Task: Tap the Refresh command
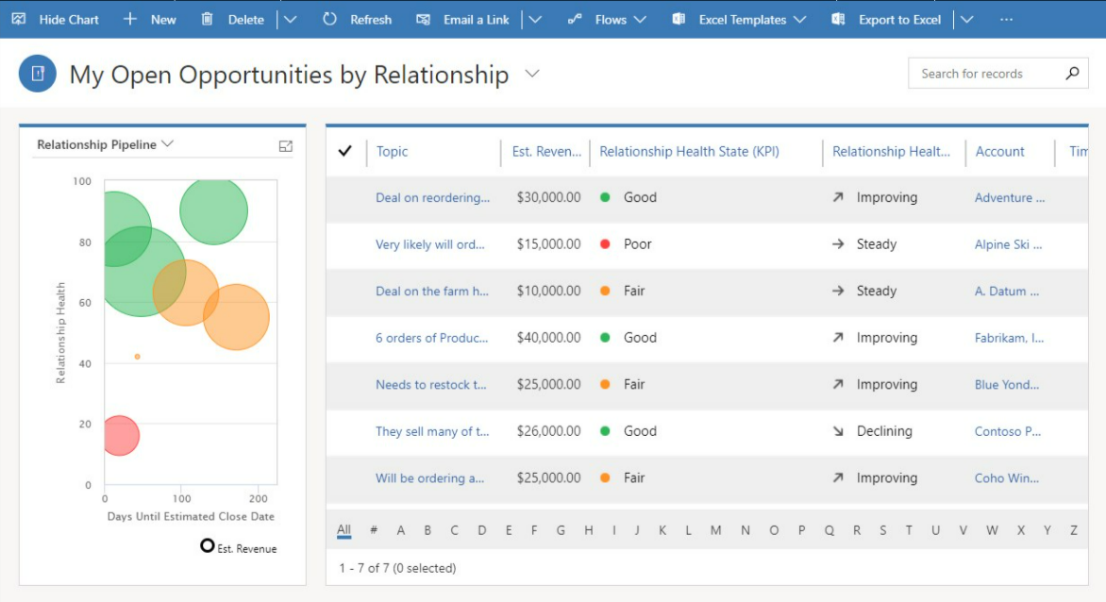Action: (358, 19)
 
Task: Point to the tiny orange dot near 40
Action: (137, 357)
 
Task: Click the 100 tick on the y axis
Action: (82, 181)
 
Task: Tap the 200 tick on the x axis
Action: (258, 498)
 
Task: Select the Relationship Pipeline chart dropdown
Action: (105, 144)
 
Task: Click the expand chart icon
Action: (286, 146)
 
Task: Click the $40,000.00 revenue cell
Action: (548, 338)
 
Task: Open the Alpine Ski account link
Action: (1008, 244)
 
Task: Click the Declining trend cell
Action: (883, 431)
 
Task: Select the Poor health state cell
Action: (637, 244)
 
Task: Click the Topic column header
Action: (393, 151)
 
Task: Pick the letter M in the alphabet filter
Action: (715, 530)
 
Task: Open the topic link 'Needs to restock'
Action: (430, 385)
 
